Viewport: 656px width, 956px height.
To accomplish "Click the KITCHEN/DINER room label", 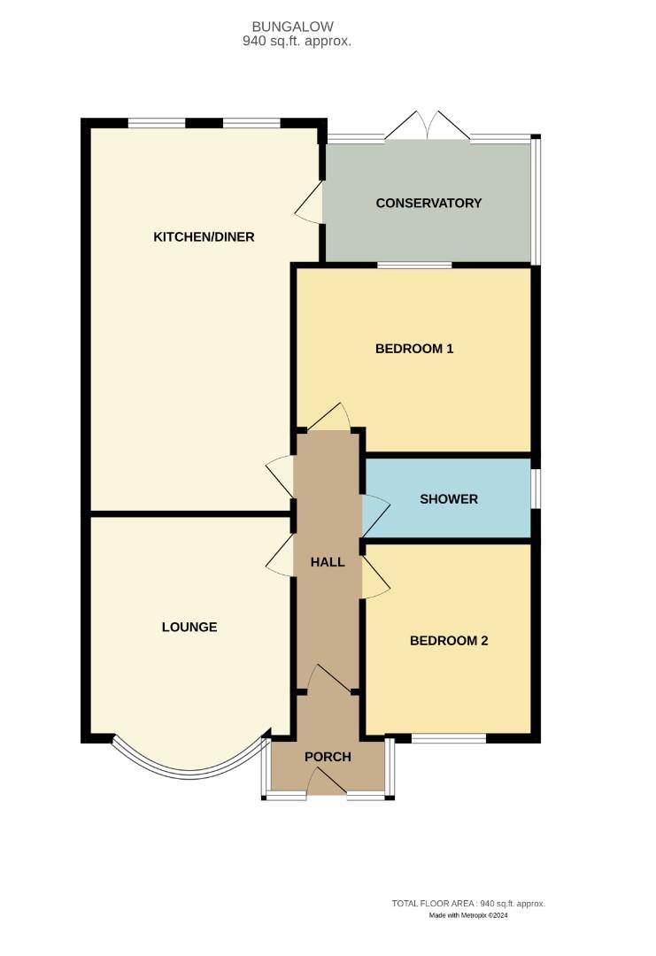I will [x=204, y=236].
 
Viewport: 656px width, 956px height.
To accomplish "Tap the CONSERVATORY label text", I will [x=428, y=203].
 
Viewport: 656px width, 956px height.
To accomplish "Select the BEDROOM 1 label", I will [x=414, y=349].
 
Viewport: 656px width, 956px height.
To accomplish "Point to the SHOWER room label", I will [x=448, y=499].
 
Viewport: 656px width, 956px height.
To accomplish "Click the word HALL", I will [x=327, y=561].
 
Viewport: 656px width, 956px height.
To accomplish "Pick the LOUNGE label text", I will [x=189, y=627].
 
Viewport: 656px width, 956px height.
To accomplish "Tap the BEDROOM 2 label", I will [x=449, y=641].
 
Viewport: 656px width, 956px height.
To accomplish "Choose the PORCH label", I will [x=328, y=757].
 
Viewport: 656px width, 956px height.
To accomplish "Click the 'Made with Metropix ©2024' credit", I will [x=468, y=915].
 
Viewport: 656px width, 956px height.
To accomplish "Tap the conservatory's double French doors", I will [x=428, y=127].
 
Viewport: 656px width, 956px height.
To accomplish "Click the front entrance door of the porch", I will [x=327, y=782].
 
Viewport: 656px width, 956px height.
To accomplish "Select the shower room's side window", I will [x=536, y=489].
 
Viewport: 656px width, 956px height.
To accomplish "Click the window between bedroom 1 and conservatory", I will [x=414, y=265].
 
